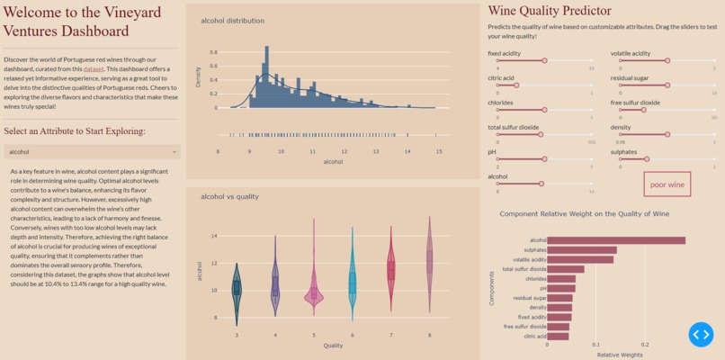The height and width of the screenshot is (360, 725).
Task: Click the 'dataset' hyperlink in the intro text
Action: click(94, 68)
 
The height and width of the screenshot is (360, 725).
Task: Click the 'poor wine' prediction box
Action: click(667, 184)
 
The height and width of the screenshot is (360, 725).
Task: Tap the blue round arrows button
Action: click(701, 335)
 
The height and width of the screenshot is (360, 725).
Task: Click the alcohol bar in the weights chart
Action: click(616, 240)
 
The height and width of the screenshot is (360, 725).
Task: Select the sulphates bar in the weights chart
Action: click(582, 250)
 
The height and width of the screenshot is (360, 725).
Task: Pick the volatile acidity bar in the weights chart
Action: click(580, 259)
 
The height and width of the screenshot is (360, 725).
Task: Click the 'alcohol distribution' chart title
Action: click(232, 21)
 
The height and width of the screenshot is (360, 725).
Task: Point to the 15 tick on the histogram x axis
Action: click(439, 151)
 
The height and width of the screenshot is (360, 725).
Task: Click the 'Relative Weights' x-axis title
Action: click(621, 355)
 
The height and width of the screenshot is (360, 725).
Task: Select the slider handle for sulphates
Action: click(647, 159)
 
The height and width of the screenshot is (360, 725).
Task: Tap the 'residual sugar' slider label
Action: click(630, 78)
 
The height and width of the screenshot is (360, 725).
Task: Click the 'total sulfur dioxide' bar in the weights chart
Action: click(566, 269)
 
